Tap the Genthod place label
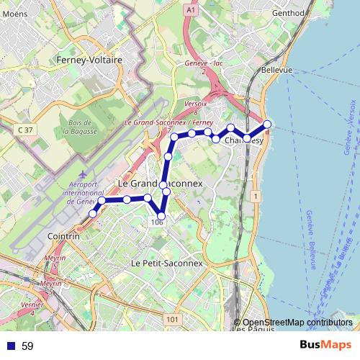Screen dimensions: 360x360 pos(289,13)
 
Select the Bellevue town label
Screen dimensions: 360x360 pos(276,70)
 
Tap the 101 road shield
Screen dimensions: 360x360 pos(171,319)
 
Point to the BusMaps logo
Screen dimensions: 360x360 pos(326,346)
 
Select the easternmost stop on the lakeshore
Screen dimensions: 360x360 pos(267,125)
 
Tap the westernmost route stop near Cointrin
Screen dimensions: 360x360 pos(93,214)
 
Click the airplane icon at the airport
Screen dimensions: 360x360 pos(84,174)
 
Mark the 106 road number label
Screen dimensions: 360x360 pos(158,222)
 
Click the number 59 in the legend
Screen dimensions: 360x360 pos(27,346)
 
